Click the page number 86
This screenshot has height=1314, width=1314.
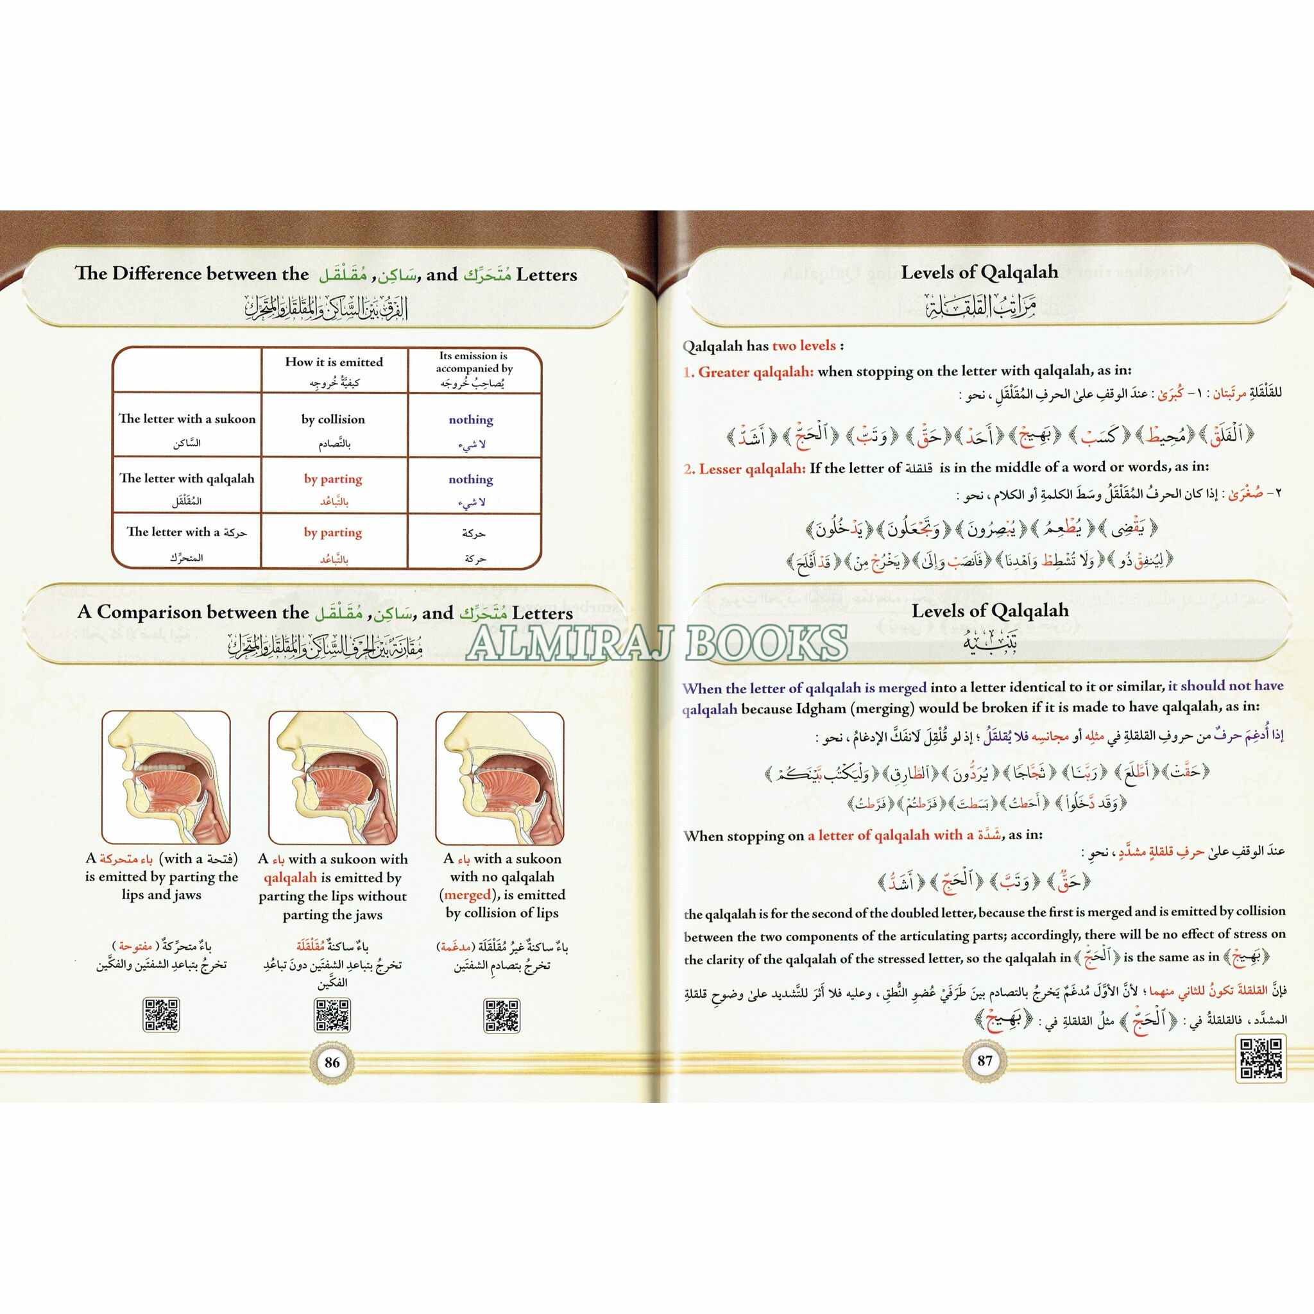[332, 1062]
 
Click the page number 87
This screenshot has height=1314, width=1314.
[985, 1060]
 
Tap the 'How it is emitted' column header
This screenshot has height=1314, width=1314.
[334, 362]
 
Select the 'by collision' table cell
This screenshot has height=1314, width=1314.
[333, 420]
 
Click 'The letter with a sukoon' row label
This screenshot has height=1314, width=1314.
[187, 419]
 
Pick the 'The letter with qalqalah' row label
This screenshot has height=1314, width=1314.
[187, 478]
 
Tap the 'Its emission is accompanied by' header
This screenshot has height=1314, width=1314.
[474, 362]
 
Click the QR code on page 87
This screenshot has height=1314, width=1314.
[1261, 1058]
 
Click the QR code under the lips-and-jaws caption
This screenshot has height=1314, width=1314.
[162, 1016]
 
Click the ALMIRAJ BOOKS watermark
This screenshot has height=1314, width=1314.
[657, 643]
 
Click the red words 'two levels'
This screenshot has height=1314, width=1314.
[804, 346]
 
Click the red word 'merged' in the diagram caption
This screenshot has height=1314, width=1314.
[467, 895]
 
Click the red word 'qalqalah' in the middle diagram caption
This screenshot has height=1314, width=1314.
[291, 877]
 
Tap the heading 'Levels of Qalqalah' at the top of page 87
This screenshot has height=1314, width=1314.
[979, 273]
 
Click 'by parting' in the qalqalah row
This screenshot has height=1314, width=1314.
[332, 479]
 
